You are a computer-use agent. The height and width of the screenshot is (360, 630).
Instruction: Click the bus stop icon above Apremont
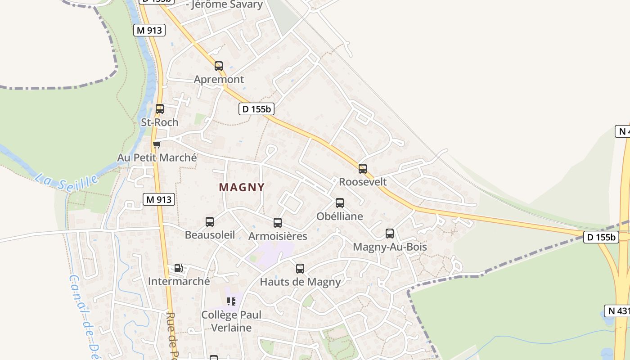[219, 66]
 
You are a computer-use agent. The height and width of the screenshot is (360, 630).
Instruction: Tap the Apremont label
[219, 80]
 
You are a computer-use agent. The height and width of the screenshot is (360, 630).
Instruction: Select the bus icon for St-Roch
[160, 109]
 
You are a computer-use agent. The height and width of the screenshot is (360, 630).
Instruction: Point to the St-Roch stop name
[160, 122]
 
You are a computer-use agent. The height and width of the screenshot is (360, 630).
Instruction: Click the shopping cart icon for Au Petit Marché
[157, 144]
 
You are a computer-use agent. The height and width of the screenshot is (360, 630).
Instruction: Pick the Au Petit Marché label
[157, 158]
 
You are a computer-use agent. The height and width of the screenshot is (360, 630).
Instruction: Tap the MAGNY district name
[242, 187]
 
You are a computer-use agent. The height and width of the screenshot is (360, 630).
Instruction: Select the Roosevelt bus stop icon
[363, 169]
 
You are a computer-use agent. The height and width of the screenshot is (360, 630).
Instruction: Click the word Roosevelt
[363, 182]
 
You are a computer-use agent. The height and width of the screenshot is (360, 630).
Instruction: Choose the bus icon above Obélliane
[340, 203]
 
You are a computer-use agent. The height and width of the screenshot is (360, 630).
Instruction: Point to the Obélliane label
[340, 216]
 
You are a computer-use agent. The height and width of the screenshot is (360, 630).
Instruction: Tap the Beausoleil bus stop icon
[210, 221]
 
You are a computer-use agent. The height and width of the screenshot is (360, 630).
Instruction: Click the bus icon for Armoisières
[278, 223]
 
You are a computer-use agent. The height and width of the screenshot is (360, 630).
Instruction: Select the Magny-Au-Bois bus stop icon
[390, 234]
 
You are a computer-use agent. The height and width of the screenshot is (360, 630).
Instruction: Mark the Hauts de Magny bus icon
[300, 269]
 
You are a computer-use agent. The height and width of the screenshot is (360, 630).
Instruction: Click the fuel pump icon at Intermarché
[179, 268]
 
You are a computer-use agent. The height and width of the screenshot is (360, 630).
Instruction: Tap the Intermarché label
[179, 282]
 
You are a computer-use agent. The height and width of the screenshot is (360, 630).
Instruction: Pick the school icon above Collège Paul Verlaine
[231, 301]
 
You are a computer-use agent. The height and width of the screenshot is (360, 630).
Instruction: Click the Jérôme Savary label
[227, 5]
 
